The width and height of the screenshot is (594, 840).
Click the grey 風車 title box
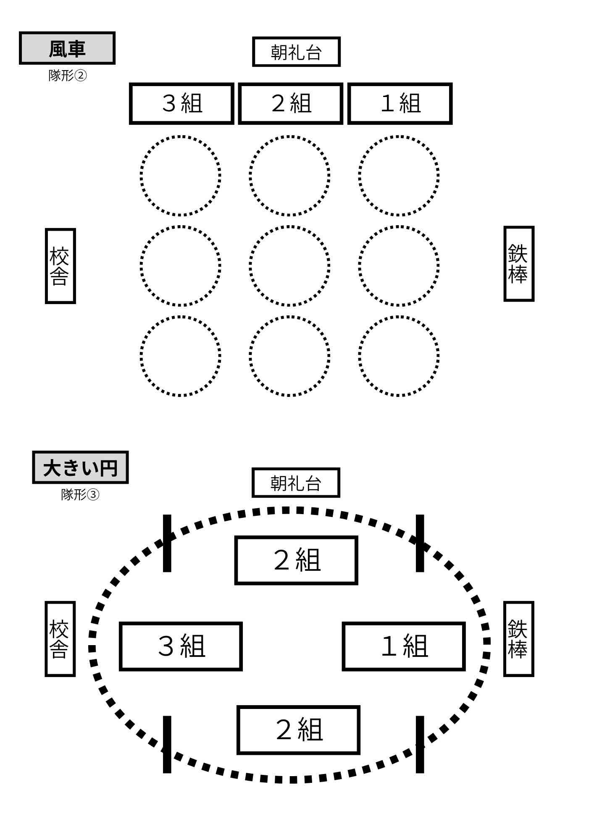click(67, 48)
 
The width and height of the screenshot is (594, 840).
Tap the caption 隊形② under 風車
click(67, 76)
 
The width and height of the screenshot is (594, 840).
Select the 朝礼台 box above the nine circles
click(296, 52)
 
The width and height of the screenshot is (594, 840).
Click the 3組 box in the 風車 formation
click(181, 103)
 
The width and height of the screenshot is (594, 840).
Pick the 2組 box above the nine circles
click(291, 103)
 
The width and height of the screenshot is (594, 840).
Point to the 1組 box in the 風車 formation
click(400, 103)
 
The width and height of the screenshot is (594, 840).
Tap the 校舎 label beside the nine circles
click(60, 266)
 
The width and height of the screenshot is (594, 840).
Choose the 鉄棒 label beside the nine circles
click(519, 264)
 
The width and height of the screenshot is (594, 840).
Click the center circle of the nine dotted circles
click(289, 266)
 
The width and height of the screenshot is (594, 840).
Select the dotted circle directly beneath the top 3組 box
click(181, 176)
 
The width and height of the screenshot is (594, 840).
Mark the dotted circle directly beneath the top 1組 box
click(399, 176)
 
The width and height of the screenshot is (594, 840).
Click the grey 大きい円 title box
click(80, 467)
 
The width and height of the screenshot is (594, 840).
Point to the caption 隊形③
click(80, 494)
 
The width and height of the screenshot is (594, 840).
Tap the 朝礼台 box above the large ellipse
click(296, 483)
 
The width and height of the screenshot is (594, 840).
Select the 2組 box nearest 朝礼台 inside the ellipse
click(296, 560)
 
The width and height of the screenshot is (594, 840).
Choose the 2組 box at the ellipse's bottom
click(298, 730)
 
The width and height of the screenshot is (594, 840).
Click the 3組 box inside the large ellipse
click(181, 646)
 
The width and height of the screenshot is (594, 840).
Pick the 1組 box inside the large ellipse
click(404, 646)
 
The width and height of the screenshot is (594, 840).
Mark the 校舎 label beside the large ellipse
click(60, 639)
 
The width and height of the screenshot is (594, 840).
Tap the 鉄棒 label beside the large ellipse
click(519, 639)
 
